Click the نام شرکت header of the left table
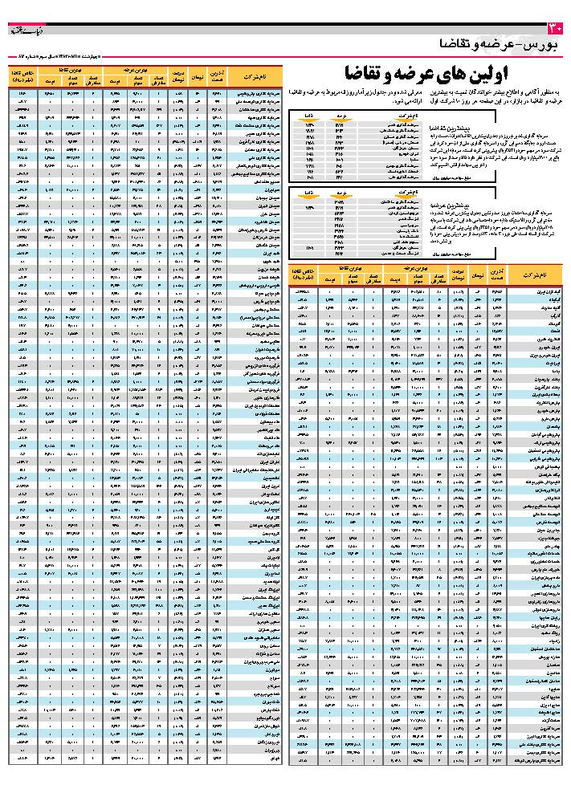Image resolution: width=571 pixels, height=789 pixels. point(248,76)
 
